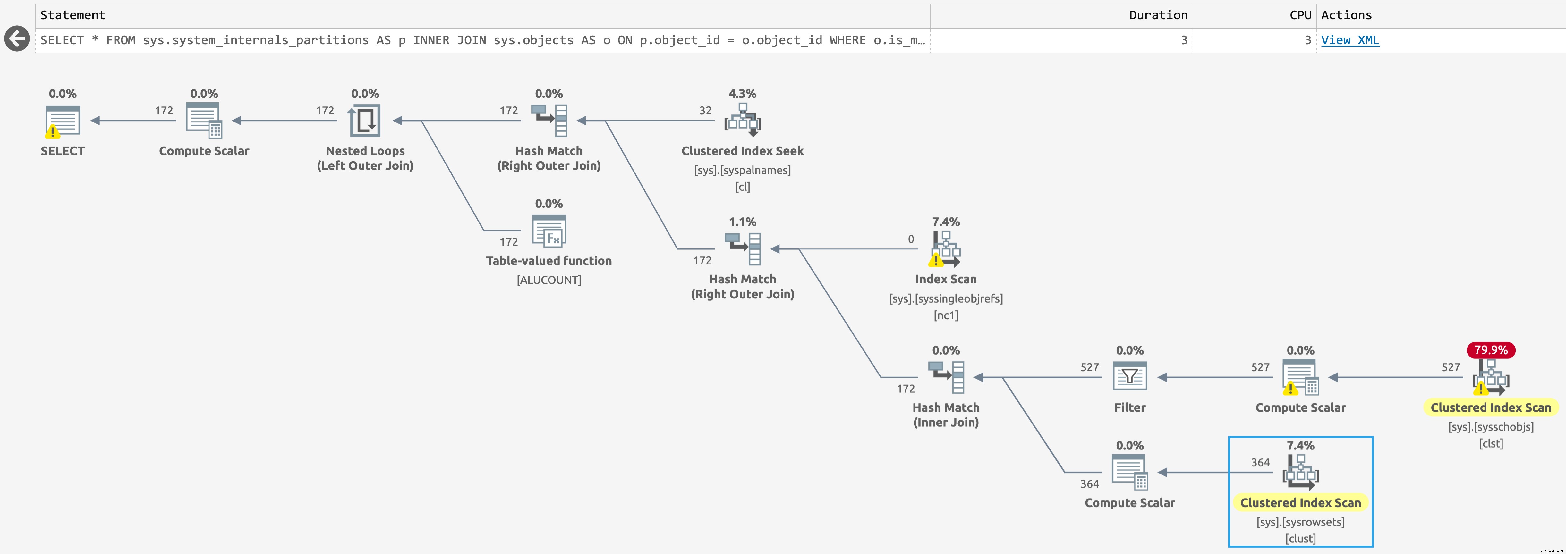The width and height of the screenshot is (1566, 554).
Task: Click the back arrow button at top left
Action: click(x=17, y=39)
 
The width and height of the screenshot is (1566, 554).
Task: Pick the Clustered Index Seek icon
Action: click(x=742, y=120)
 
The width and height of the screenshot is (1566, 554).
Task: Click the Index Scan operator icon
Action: click(x=945, y=249)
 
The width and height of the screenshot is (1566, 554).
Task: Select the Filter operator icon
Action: click(x=1129, y=377)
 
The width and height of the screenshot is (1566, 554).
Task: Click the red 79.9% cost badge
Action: click(x=1491, y=350)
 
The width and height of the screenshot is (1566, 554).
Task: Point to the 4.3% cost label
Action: click(x=742, y=94)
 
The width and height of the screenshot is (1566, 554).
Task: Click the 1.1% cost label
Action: click(x=742, y=222)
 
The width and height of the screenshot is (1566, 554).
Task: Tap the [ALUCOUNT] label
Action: click(x=549, y=280)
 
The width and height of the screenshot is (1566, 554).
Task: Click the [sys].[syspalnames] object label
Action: click(x=742, y=170)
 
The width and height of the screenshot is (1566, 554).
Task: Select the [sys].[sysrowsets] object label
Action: click(x=1300, y=522)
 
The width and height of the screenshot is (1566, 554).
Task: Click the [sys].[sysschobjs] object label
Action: click(x=1491, y=426)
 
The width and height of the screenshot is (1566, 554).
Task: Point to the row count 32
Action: click(x=705, y=111)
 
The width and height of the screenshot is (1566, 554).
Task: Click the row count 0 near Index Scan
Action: click(x=911, y=239)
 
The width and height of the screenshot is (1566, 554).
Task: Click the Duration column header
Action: click(x=1158, y=15)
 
